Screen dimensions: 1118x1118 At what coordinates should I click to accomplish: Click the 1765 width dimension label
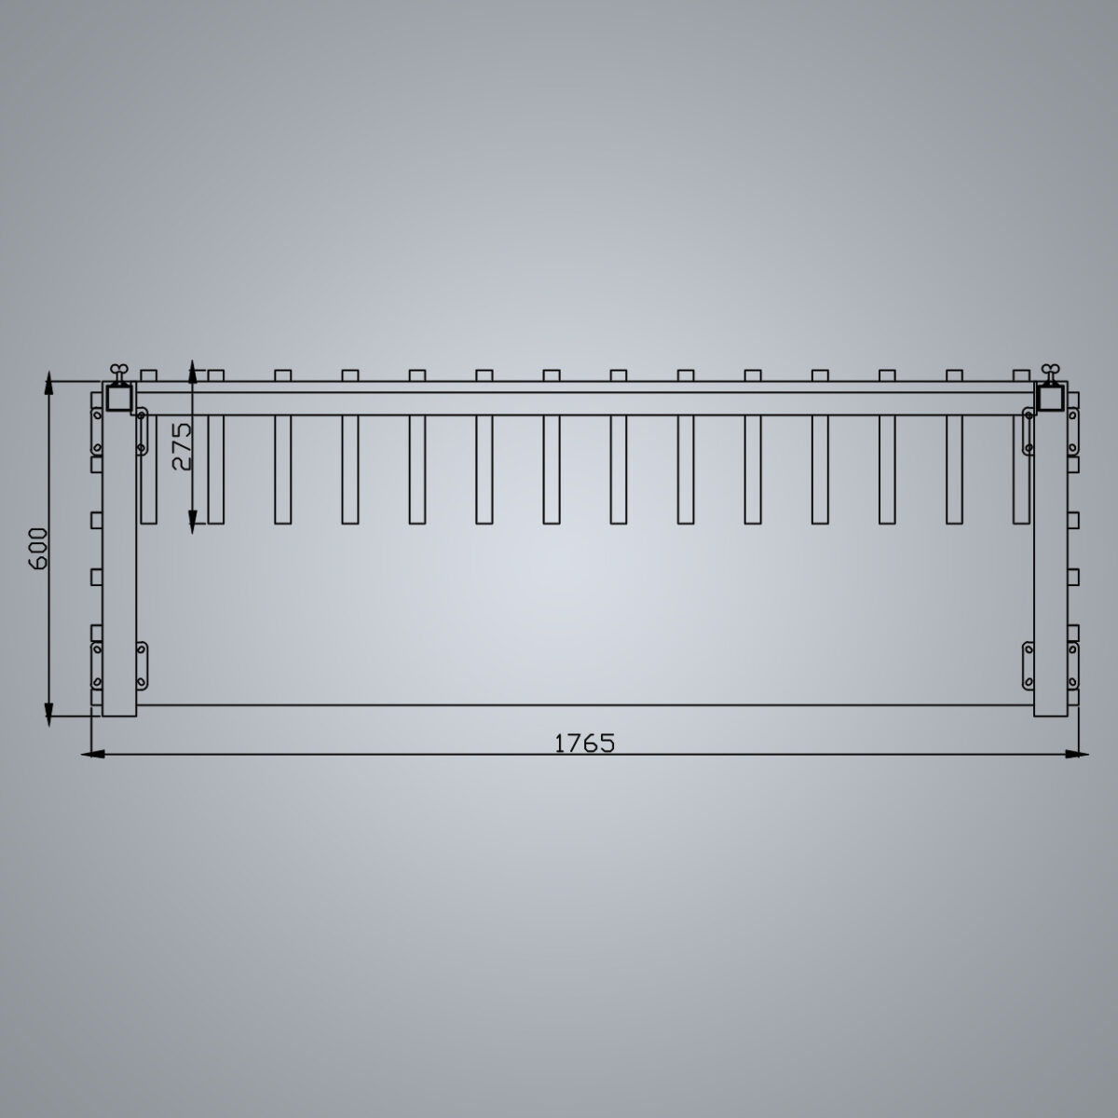coord(584,743)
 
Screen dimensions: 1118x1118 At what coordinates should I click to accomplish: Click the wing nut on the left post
coord(118,371)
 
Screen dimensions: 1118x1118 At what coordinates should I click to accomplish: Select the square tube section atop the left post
coord(119,398)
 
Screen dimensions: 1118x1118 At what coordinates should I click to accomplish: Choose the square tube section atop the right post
coord(1053,398)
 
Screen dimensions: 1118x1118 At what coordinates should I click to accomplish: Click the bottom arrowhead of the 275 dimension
coord(191,523)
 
